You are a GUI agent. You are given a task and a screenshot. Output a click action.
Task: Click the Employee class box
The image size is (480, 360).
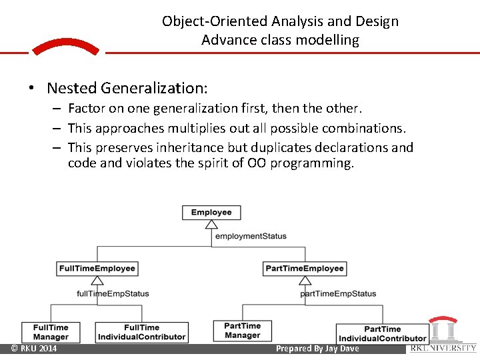pyautogui.click(x=211, y=213)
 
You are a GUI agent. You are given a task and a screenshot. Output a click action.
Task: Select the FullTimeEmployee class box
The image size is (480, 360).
pyautogui.click(x=97, y=269)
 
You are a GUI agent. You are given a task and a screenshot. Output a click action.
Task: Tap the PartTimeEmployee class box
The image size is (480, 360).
pyautogui.click(x=305, y=269)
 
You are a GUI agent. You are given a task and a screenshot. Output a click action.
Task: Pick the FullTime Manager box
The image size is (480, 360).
pyautogui.click(x=51, y=332)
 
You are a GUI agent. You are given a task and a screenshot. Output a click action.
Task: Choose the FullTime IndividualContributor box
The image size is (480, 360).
pyautogui.click(x=141, y=332)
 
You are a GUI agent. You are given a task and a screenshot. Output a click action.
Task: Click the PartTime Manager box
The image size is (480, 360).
pyautogui.click(x=243, y=331)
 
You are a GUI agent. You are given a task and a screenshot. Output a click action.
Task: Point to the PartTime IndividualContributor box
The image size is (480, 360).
pyautogui.click(x=382, y=333)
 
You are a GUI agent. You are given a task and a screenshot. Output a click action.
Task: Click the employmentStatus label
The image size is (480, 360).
pyautogui.click(x=251, y=236)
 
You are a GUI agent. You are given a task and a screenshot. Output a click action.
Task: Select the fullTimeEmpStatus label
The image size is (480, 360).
pyautogui.click(x=113, y=293)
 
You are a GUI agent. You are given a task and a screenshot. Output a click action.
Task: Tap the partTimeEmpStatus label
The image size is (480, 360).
pyautogui.click(x=338, y=293)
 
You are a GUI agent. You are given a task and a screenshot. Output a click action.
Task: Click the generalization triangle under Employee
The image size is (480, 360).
pyautogui.click(x=211, y=225)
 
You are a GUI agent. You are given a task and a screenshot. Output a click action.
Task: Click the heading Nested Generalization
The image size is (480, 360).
pyautogui.click(x=127, y=88)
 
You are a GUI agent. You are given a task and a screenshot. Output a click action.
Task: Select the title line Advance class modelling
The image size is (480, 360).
pyautogui.click(x=280, y=40)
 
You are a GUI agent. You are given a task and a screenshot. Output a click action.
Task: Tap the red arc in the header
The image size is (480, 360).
pyautogui.click(x=65, y=46)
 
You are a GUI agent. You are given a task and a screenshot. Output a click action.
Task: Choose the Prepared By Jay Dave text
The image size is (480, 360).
pyautogui.click(x=317, y=349)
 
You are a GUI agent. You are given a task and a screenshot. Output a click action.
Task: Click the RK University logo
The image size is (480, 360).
pyautogui.click(x=443, y=334)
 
